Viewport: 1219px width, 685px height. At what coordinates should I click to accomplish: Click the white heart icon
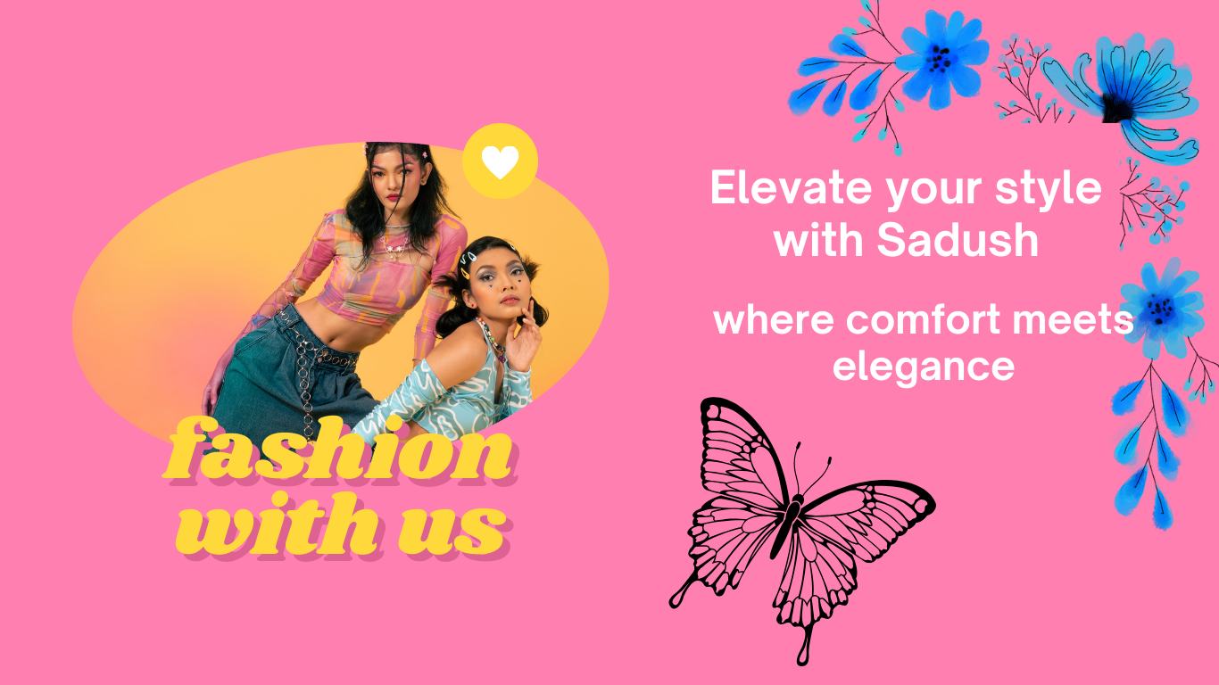(500, 162)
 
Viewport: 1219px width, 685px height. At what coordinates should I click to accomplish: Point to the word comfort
(923, 320)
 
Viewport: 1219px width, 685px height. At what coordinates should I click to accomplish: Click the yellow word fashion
(338, 449)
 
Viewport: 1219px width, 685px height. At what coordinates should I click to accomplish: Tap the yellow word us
(453, 526)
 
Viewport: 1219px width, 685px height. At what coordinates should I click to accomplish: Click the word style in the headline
(1049, 188)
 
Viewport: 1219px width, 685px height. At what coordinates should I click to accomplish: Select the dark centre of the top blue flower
(940, 58)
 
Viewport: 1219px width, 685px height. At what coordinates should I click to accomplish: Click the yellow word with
(277, 525)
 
